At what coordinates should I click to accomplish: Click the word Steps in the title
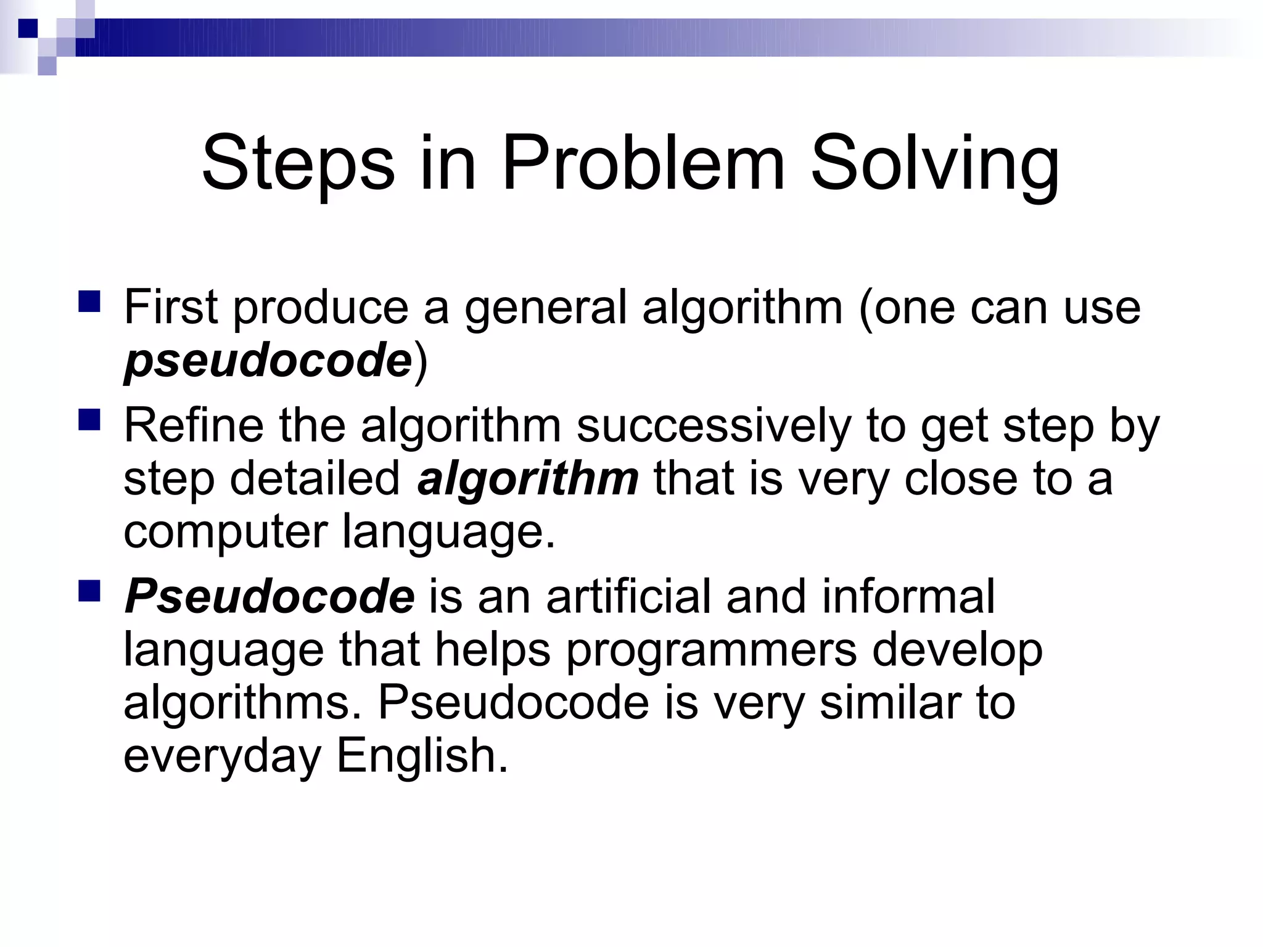coord(297,164)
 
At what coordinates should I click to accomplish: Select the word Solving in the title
coord(934,164)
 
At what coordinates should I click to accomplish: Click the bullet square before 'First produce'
coord(89,302)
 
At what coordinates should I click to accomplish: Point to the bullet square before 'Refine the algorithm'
coord(89,420)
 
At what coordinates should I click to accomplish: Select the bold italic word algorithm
coord(528,478)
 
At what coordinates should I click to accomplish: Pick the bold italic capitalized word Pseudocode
coord(269,597)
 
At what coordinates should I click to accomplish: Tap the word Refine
coord(194,425)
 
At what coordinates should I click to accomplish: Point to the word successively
coord(714,425)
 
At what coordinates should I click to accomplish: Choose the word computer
coord(225,531)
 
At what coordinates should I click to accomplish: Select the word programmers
coord(711,650)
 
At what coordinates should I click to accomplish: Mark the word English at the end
coord(422,756)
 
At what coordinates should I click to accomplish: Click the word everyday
coord(223,757)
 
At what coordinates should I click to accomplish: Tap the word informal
coord(908,597)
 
